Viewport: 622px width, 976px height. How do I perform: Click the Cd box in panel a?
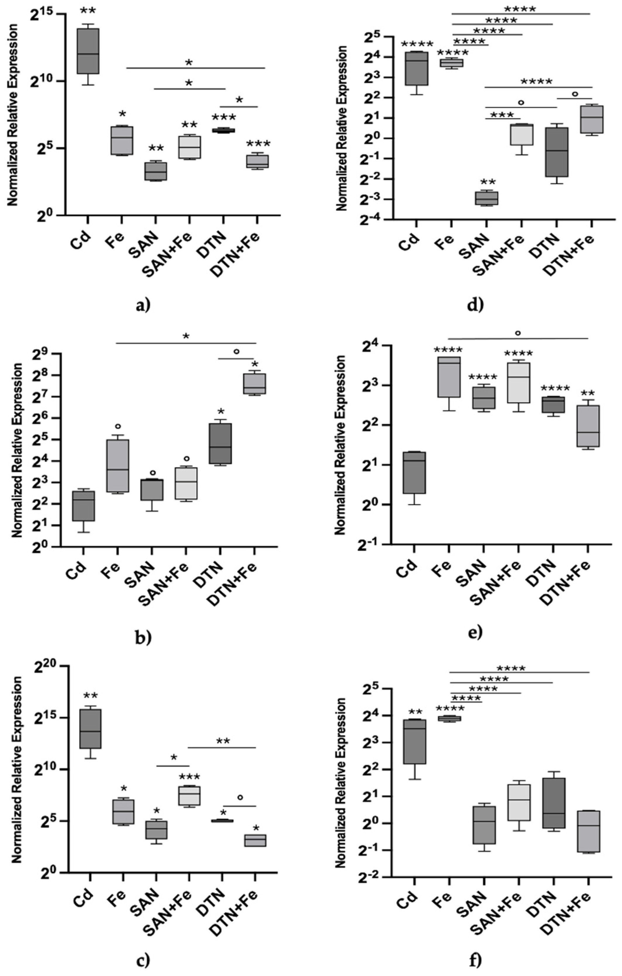(88, 51)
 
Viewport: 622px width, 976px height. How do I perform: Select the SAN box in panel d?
(487, 198)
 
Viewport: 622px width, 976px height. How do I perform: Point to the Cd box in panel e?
(414, 472)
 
